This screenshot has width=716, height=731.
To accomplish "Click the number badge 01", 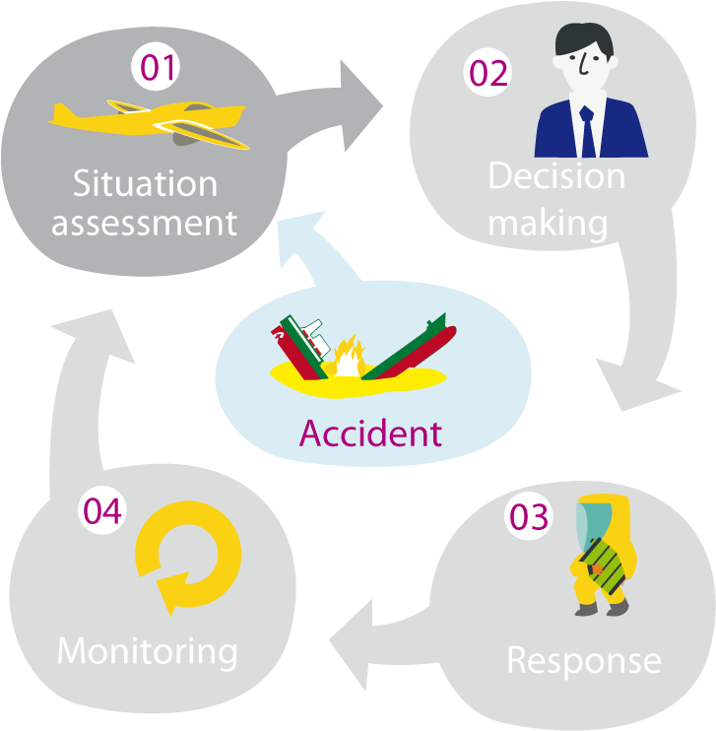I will coord(157,68).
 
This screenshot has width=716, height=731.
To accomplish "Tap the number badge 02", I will coord(488,75).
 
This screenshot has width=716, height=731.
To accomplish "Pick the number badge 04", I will coord(102,511).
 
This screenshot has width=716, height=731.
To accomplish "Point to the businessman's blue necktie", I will coord(587,128).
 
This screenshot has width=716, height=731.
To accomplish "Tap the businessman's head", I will coord(584,56).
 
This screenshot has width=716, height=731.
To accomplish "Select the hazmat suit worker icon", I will coord(604,557).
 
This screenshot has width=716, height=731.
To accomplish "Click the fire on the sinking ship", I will coord(347,360).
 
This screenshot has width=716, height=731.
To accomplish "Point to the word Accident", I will coord(370,432).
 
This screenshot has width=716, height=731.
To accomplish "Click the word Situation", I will coord(145,183).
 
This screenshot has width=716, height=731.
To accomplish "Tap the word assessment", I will coord(145,223).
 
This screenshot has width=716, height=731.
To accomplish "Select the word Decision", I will coord(556,176).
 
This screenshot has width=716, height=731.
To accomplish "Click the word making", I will coord(548,224).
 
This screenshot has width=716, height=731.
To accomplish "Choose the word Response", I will coord(583,659).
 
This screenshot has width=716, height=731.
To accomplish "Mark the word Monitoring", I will coord(148,651).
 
